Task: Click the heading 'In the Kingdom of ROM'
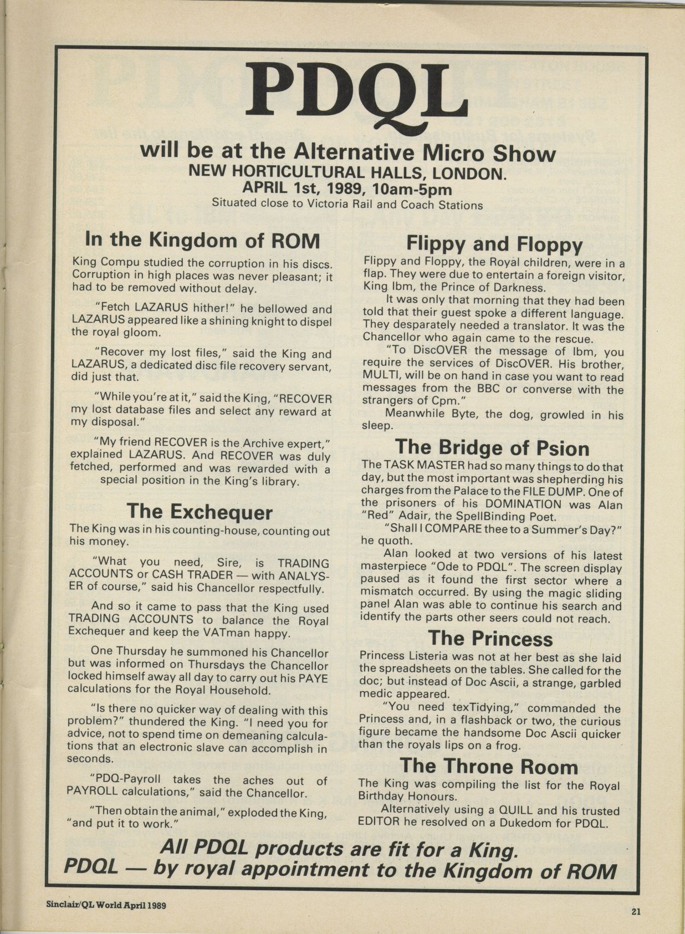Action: [x=202, y=240]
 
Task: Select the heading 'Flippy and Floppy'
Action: [x=494, y=243]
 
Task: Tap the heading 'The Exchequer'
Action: [x=200, y=511]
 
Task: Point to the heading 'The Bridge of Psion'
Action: [x=492, y=447]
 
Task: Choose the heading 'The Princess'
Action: [x=490, y=638]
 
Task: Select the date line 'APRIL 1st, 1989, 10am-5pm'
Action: [x=347, y=189]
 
